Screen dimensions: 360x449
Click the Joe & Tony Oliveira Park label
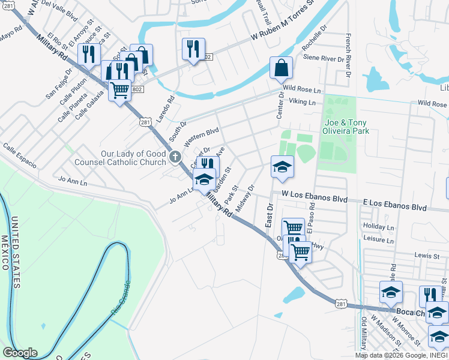(x=343, y=125)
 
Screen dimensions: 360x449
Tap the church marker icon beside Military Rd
(x=175, y=158)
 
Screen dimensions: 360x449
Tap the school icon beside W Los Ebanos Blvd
(x=282, y=167)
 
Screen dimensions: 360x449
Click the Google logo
(x=20, y=353)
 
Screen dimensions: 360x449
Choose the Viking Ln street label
(x=302, y=103)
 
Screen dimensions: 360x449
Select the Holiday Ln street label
(x=378, y=227)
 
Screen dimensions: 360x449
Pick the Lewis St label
(x=427, y=255)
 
